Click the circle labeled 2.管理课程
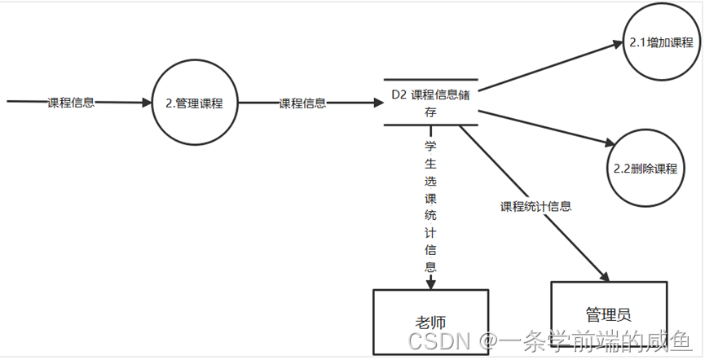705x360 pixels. tap(194, 103)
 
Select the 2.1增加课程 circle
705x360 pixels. tap(661, 43)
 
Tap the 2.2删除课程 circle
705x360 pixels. tap(645, 169)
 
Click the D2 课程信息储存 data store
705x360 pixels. tap(430, 103)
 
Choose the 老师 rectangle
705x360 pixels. tap(430, 323)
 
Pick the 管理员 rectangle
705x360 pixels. tap(608, 314)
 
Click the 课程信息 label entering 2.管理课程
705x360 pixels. tap(71, 103)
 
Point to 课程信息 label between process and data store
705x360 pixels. tap(302, 103)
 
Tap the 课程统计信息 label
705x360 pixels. tap(535, 206)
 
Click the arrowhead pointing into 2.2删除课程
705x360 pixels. tap(612, 143)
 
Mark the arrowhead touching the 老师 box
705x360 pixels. tap(430, 283)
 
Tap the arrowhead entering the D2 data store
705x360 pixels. tap(377, 103)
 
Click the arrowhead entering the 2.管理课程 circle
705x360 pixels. tap(147, 103)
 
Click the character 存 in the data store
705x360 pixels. tap(430, 112)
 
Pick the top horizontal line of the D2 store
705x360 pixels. tap(430, 80)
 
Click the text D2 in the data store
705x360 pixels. tap(399, 94)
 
